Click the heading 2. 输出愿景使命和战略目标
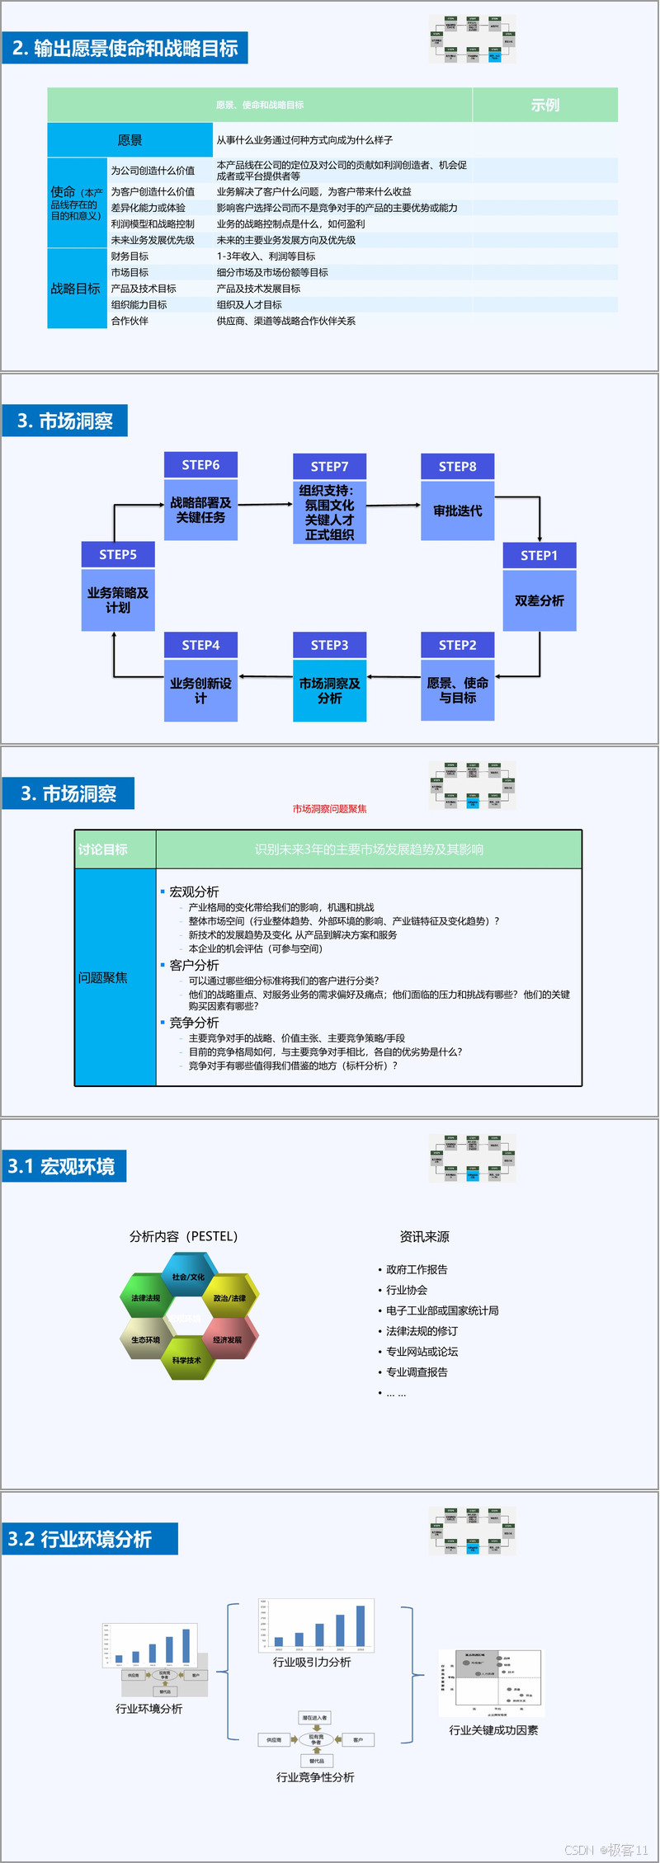pyautogui.click(x=125, y=49)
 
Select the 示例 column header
pyautogui.click(x=544, y=105)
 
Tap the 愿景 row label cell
pyautogui.click(x=130, y=140)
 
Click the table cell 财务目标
pyautogui.click(x=130, y=256)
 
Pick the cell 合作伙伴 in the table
pyautogui.click(x=130, y=321)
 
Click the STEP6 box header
pyautogui.click(x=200, y=465)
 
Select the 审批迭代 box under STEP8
pyautogui.click(x=457, y=511)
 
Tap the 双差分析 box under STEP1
pyautogui.click(x=540, y=600)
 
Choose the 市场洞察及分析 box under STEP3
pyautogui.click(x=329, y=690)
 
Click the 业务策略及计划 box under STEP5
pyautogui.click(x=118, y=600)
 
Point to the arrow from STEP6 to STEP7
pyautogui.click(x=265, y=504)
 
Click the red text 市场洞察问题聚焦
pyautogui.click(x=329, y=809)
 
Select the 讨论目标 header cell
pyautogui.click(x=103, y=849)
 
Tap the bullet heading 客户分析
pyautogui.click(x=194, y=965)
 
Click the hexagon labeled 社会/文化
pyautogui.click(x=188, y=1277)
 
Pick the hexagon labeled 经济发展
pyautogui.click(x=228, y=1339)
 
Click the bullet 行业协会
pyautogui.click(x=407, y=1290)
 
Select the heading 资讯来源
pyautogui.click(x=424, y=1236)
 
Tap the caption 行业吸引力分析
pyautogui.click(x=312, y=1662)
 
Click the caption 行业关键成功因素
pyautogui.click(x=493, y=1730)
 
